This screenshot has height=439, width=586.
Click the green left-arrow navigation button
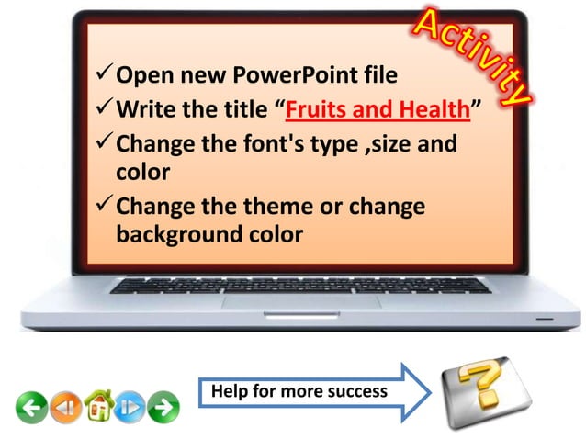point(31,405)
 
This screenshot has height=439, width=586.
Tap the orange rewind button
point(63,405)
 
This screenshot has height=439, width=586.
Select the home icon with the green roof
point(97,404)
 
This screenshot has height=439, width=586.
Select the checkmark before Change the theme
point(104,207)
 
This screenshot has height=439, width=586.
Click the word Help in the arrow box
point(229,392)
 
